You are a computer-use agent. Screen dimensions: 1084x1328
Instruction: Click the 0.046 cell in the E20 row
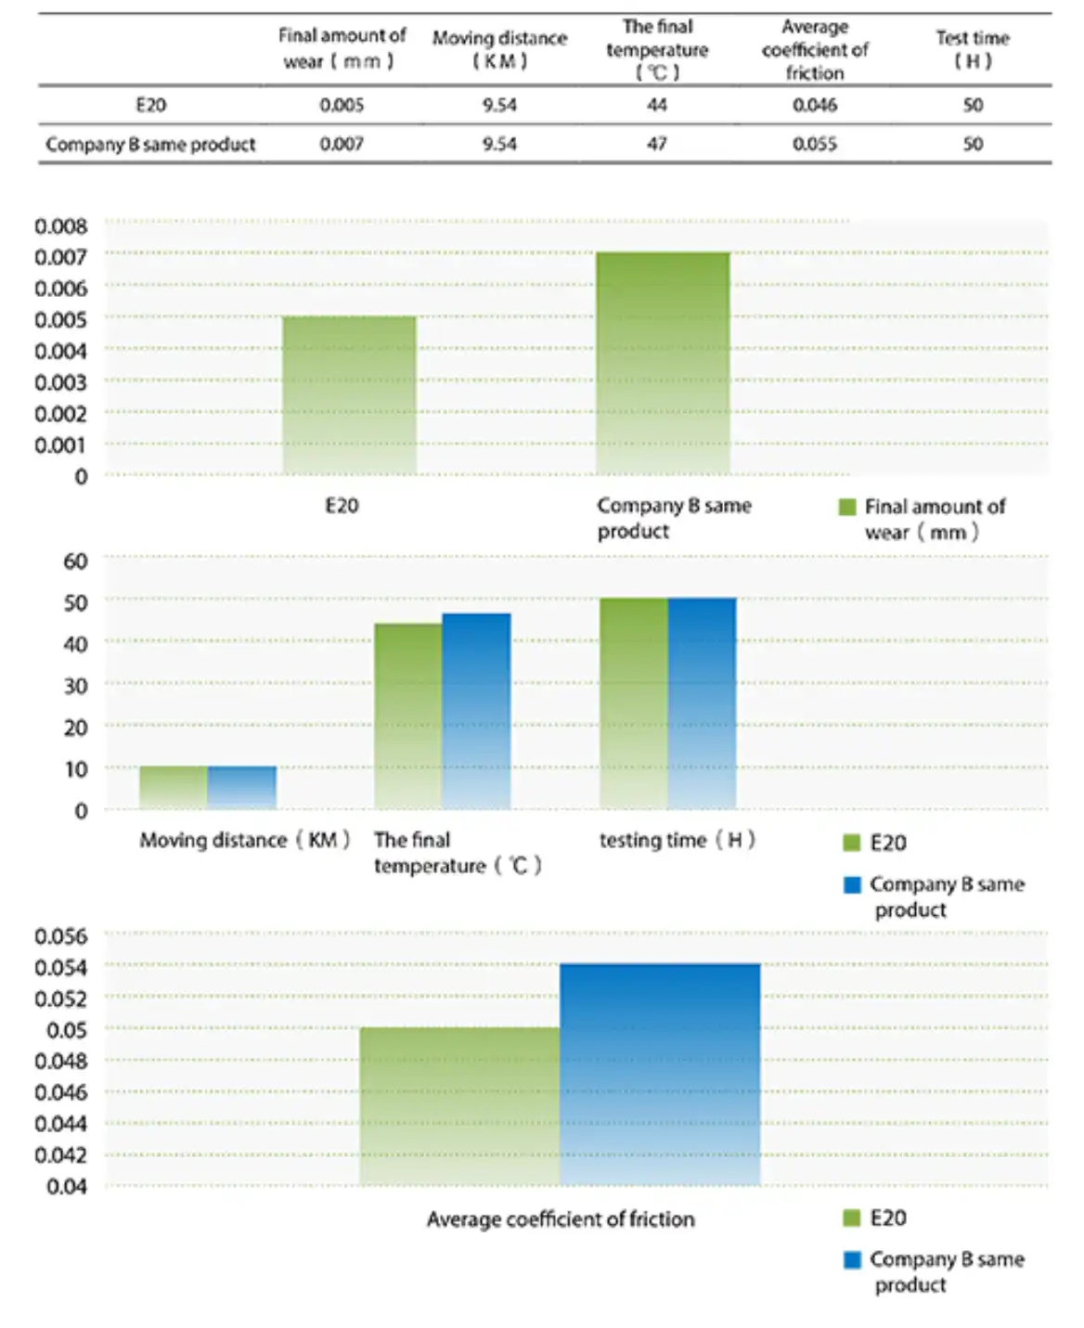click(x=814, y=105)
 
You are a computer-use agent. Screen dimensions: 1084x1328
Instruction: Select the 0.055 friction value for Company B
click(x=814, y=144)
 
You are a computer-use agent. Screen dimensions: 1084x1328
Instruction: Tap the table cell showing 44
click(x=656, y=105)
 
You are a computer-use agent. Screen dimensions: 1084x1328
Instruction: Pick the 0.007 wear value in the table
click(x=342, y=144)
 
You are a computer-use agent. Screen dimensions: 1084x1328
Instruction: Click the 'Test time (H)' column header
click(x=973, y=49)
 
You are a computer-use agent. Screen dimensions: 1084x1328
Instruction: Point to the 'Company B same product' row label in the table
click(x=150, y=145)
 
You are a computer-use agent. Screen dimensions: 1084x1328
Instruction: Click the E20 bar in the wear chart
click(x=349, y=394)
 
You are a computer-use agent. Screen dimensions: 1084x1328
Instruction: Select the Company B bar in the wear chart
click(x=663, y=363)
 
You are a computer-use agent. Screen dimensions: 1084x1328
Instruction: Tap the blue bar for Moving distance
click(x=242, y=787)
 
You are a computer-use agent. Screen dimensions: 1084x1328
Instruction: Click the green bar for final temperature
click(x=408, y=716)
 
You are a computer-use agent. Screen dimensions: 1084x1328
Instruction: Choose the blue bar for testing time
click(x=702, y=703)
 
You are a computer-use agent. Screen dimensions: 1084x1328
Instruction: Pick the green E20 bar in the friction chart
click(x=459, y=1106)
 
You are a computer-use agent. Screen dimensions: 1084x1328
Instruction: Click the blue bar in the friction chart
click(x=660, y=1075)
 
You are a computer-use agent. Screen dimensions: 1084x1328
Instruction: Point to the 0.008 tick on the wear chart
click(x=61, y=226)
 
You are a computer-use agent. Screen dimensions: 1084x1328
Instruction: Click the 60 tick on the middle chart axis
click(x=75, y=561)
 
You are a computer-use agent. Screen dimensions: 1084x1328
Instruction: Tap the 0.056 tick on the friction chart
click(x=61, y=936)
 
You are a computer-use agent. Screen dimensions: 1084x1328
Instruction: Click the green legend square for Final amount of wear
click(x=847, y=507)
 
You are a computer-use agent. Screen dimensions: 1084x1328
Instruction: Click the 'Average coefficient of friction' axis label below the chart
click(x=561, y=1219)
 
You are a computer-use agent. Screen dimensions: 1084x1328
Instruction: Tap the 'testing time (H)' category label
click(x=677, y=840)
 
